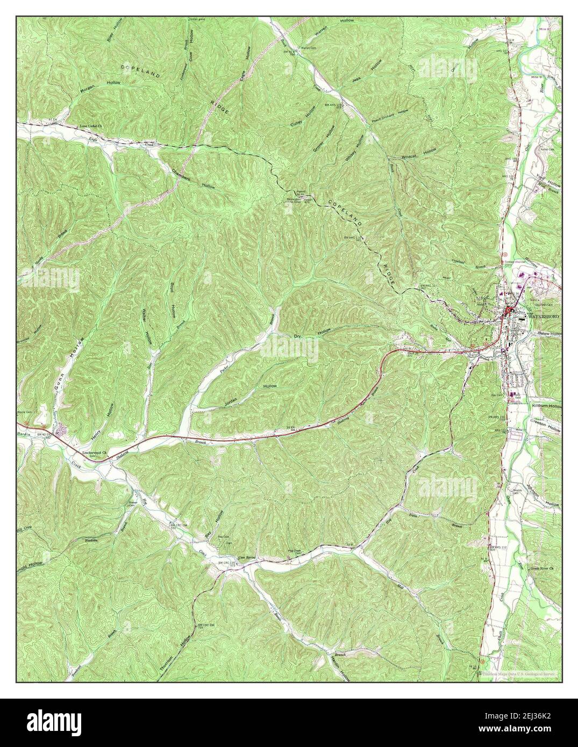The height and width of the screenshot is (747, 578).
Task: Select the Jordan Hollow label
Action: tap(247, 395)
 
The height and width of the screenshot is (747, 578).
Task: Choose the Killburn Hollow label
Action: tap(546, 407)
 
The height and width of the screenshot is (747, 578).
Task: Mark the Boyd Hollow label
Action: tap(173, 301)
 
